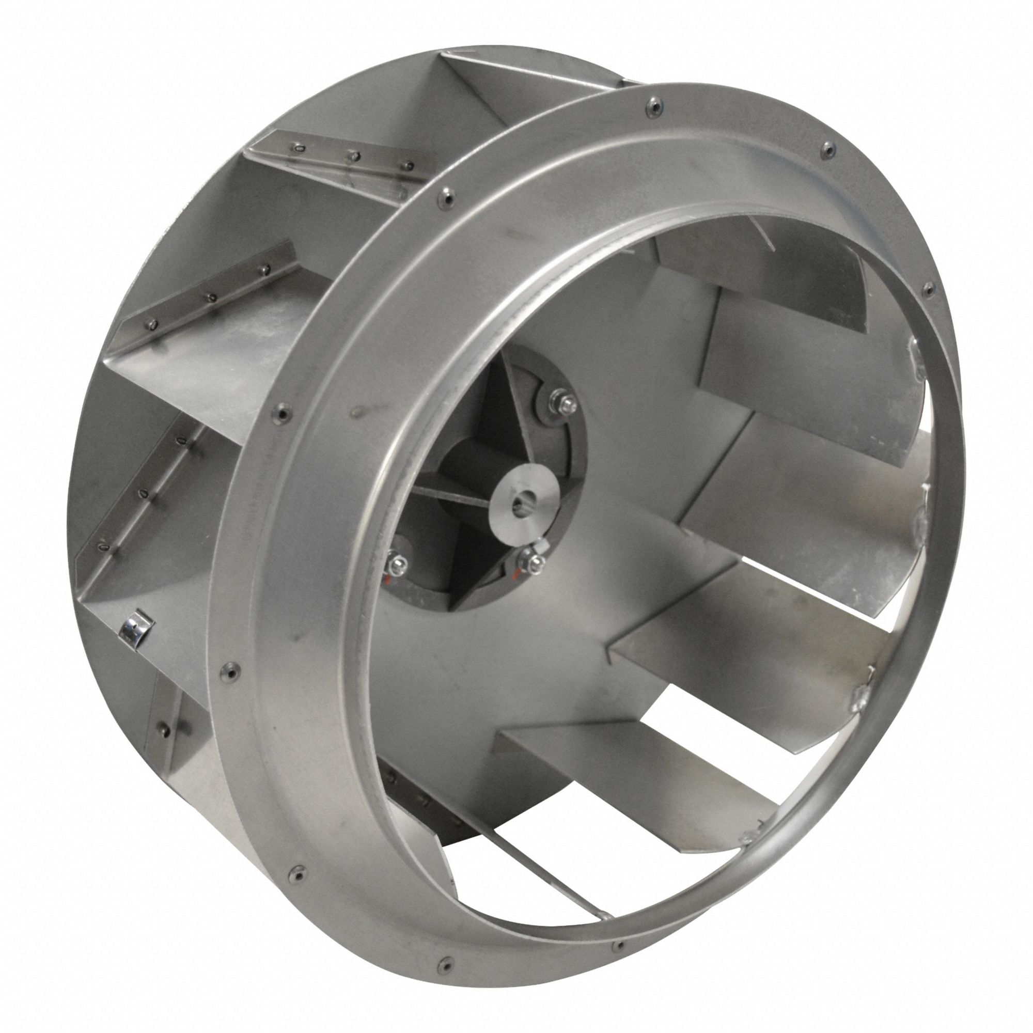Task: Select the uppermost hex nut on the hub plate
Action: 566,400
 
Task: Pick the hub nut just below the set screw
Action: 535,561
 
